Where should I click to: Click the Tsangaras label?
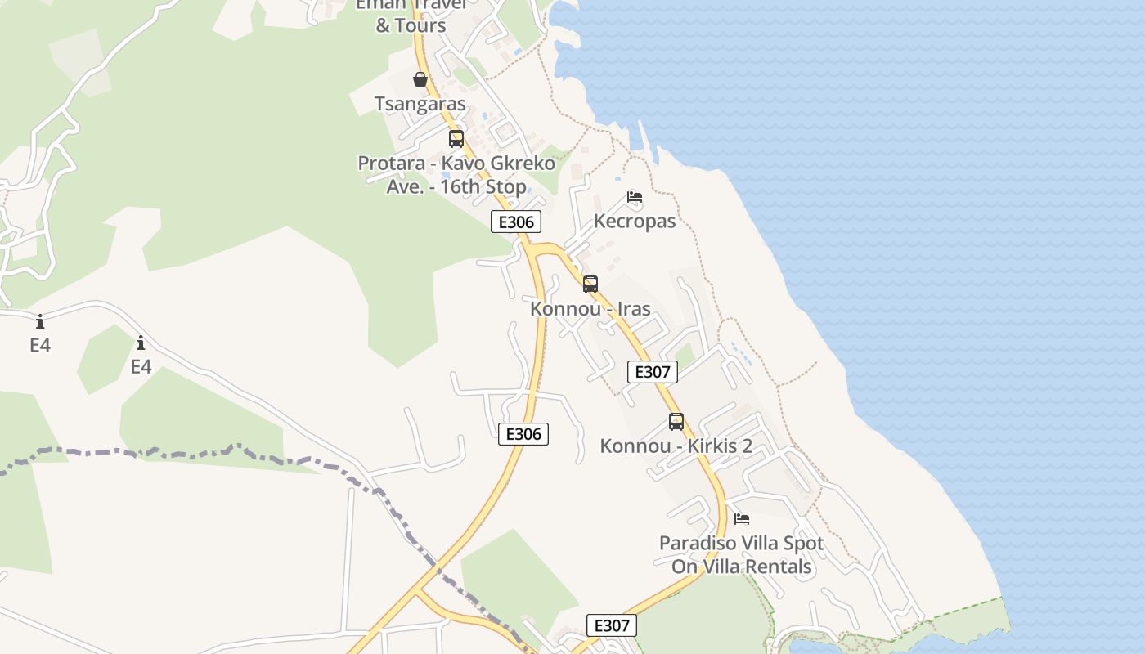click(420, 104)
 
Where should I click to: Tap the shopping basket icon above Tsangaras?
click(420, 79)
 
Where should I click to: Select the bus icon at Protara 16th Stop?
click(456, 139)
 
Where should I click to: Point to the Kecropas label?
click(635, 222)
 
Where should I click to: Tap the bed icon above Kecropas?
click(635, 197)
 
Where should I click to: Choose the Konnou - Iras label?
click(590, 309)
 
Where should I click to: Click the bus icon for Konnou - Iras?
click(590, 284)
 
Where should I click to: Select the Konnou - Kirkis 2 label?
click(676, 446)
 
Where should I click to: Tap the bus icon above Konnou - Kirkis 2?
click(676, 422)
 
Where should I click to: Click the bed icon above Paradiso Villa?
click(742, 519)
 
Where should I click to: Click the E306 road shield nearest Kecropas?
click(516, 222)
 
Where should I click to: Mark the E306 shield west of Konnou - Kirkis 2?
click(523, 434)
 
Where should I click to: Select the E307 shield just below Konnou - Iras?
click(653, 372)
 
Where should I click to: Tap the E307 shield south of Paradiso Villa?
click(612, 626)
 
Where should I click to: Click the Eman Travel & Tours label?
click(411, 15)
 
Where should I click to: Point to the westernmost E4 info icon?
click(40, 321)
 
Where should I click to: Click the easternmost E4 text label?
click(141, 367)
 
